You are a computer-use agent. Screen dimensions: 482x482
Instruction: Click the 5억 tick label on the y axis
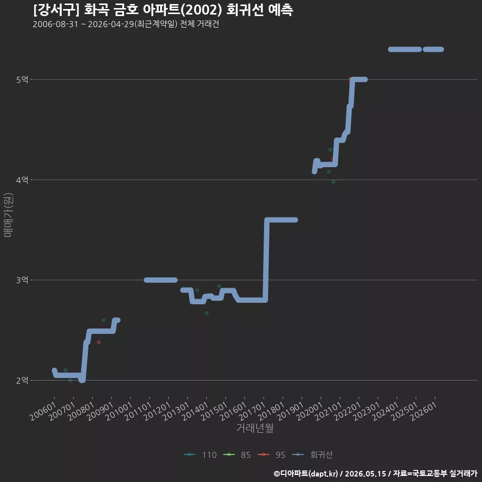pos(22,80)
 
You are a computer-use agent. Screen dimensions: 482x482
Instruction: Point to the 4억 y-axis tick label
pos(22,180)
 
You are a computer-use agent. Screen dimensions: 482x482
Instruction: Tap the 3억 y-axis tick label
pos(22,280)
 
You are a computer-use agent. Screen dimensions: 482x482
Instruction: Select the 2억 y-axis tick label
pos(22,380)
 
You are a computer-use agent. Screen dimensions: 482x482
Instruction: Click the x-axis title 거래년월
pos(255,428)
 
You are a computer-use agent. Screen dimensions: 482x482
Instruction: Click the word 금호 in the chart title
pos(126,10)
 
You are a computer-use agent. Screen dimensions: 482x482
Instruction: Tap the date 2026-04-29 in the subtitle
pos(111,24)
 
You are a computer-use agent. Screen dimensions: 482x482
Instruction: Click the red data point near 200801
pos(99,342)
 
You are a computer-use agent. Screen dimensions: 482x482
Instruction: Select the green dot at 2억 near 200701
pos(70,380)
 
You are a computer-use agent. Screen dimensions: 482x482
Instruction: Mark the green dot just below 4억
pos(333,182)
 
